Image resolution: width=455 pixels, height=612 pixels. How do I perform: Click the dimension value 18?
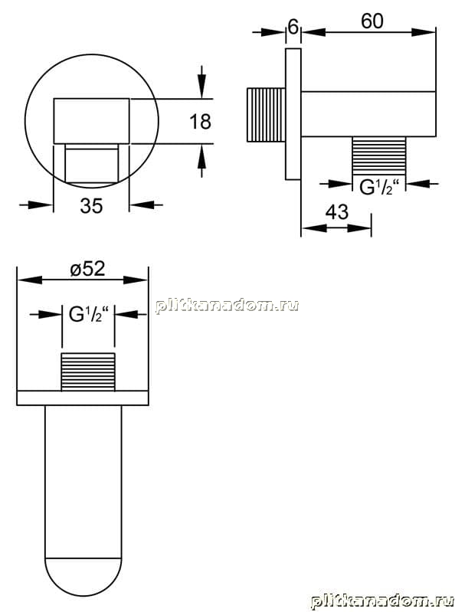pyautogui.click(x=200, y=121)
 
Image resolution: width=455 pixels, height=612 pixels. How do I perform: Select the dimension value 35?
pyautogui.click(x=91, y=205)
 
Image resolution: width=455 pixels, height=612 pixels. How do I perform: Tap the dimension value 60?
pyautogui.click(x=372, y=21)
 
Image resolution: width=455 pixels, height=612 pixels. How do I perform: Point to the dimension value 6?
pyautogui.click(x=293, y=27)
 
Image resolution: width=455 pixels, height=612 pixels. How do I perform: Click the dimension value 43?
pyautogui.click(x=337, y=212)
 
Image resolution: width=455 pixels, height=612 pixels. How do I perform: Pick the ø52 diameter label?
pyautogui.click(x=88, y=269)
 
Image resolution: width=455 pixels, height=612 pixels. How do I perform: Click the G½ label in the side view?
pyautogui.click(x=379, y=188)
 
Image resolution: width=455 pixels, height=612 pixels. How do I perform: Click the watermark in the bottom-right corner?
pyautogui.click(x=382, y=601)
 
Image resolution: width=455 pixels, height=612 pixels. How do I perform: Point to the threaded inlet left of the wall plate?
pyautogui.click(x=266, y=115)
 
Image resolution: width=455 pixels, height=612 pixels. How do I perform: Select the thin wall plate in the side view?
pyautogui.click(x=293, y=114)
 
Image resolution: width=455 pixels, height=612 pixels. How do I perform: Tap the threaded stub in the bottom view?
pyautogui.click(x=88, y=371)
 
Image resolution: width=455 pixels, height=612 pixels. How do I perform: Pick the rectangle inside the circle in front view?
pyautogui.click(x=91, y=121)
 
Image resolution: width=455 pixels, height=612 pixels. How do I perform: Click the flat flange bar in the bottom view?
pyautogui.click(x=83, y=398)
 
